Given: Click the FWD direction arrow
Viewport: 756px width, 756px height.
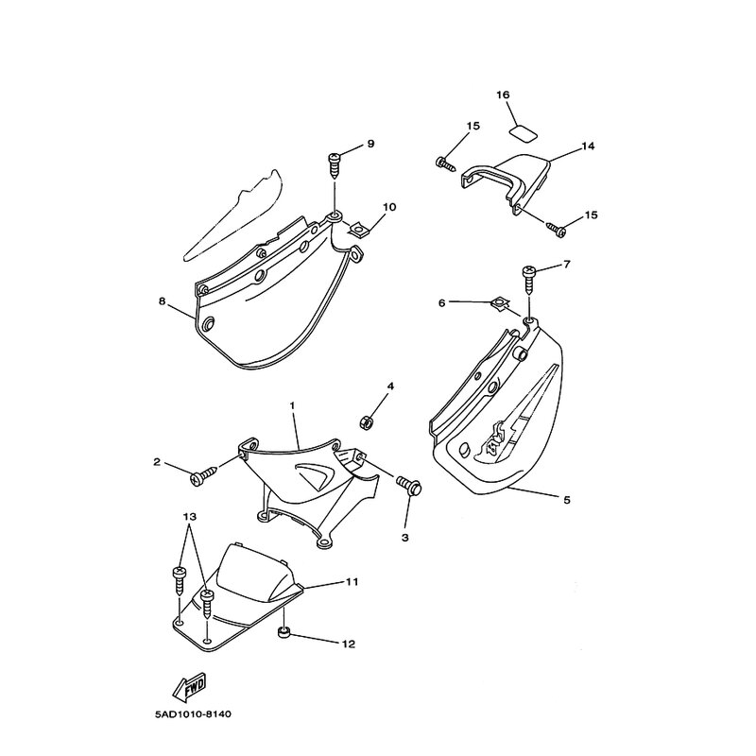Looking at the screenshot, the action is [190, 687].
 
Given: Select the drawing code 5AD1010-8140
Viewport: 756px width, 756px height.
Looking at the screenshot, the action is [193, 714].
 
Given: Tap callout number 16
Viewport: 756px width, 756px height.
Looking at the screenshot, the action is [503, 95].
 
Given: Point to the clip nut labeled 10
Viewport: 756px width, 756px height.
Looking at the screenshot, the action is [357, 230].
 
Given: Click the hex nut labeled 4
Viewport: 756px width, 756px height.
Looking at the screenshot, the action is [368, 422].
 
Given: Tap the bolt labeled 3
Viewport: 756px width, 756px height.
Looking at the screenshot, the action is [409, 484].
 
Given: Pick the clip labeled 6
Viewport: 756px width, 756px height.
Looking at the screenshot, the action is [500, 304].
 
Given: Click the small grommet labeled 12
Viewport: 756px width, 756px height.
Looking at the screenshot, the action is [283, 631].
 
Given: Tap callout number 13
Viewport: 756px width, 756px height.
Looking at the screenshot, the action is [190, 517].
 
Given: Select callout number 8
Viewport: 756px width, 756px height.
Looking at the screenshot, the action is [162, 301].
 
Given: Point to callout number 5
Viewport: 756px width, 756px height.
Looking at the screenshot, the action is [566, 501].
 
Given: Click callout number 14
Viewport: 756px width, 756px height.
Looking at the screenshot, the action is [588, 146].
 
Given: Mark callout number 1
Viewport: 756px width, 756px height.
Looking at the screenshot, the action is [292, 406].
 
